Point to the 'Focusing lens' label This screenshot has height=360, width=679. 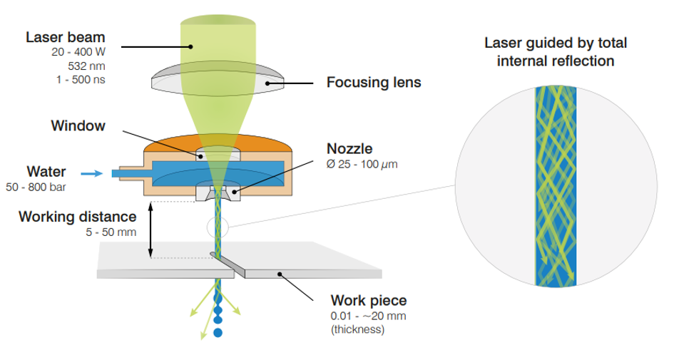pos(373,83)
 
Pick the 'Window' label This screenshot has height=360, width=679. pos(78,126)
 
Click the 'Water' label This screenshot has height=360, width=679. pos(46,172)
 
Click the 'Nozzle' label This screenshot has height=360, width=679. pos(349,150)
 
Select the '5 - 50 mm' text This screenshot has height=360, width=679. pos(109,231)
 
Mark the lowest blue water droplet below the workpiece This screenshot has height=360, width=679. pos(218,331)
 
